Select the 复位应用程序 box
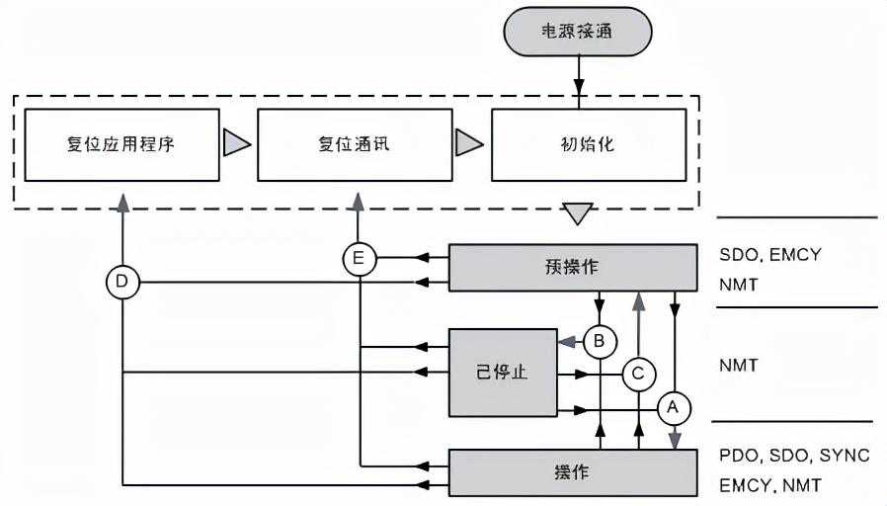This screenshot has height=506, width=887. coord(121,143)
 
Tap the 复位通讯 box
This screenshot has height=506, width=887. coord(354,143)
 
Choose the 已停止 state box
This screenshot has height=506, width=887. coord(502,373)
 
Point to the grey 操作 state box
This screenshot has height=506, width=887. coord(574,471)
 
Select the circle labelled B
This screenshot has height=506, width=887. coord(599,342)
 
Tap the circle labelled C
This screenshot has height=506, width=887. coord(638,374)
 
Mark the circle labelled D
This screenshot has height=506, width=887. coord(122,283)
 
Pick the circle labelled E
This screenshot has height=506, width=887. coord(360,259)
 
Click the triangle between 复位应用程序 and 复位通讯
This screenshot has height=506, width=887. coord(236,143)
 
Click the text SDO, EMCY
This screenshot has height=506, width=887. coord(770,254)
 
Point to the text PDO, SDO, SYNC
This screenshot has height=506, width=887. coord(794,456)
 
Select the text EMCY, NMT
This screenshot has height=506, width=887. coord(770,485)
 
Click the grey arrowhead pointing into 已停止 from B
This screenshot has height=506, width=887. coord(567,342)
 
